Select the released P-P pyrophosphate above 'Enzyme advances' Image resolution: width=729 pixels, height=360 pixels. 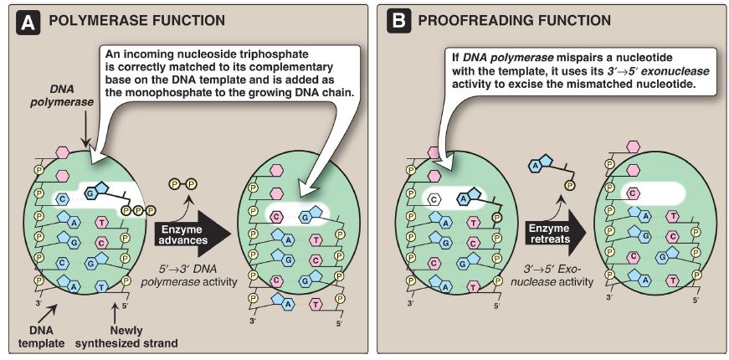[184, 182]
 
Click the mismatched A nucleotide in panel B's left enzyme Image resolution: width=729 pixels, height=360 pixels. [466, 198]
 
